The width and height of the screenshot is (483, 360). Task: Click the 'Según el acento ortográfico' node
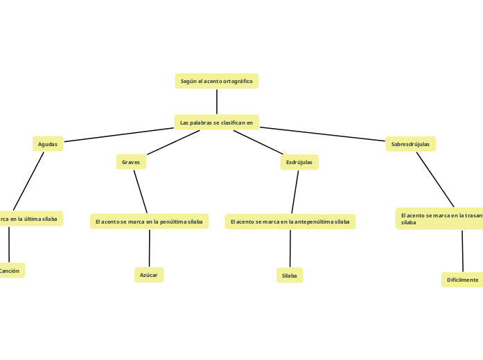click(216, 81)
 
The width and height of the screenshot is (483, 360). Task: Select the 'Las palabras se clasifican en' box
click(216, 123)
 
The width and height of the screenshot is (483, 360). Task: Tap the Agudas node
click(48, 144)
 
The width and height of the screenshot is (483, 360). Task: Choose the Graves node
click(131, 162)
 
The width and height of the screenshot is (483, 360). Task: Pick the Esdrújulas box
click(299, 162)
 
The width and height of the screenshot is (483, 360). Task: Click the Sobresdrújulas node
click(410, 144)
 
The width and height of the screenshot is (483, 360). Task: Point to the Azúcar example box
click(149, 275)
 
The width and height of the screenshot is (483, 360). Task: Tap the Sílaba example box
click(290, 276)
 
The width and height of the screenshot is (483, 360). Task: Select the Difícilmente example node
click(462, 280)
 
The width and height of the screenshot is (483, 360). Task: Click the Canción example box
click(10, 271)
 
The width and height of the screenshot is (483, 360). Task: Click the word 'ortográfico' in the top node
click(238, 81)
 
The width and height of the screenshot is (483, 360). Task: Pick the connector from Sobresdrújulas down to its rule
click(435, 179)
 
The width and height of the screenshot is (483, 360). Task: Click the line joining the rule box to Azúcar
click(149, 248)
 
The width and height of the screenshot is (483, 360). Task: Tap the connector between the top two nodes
click(216, 102)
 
